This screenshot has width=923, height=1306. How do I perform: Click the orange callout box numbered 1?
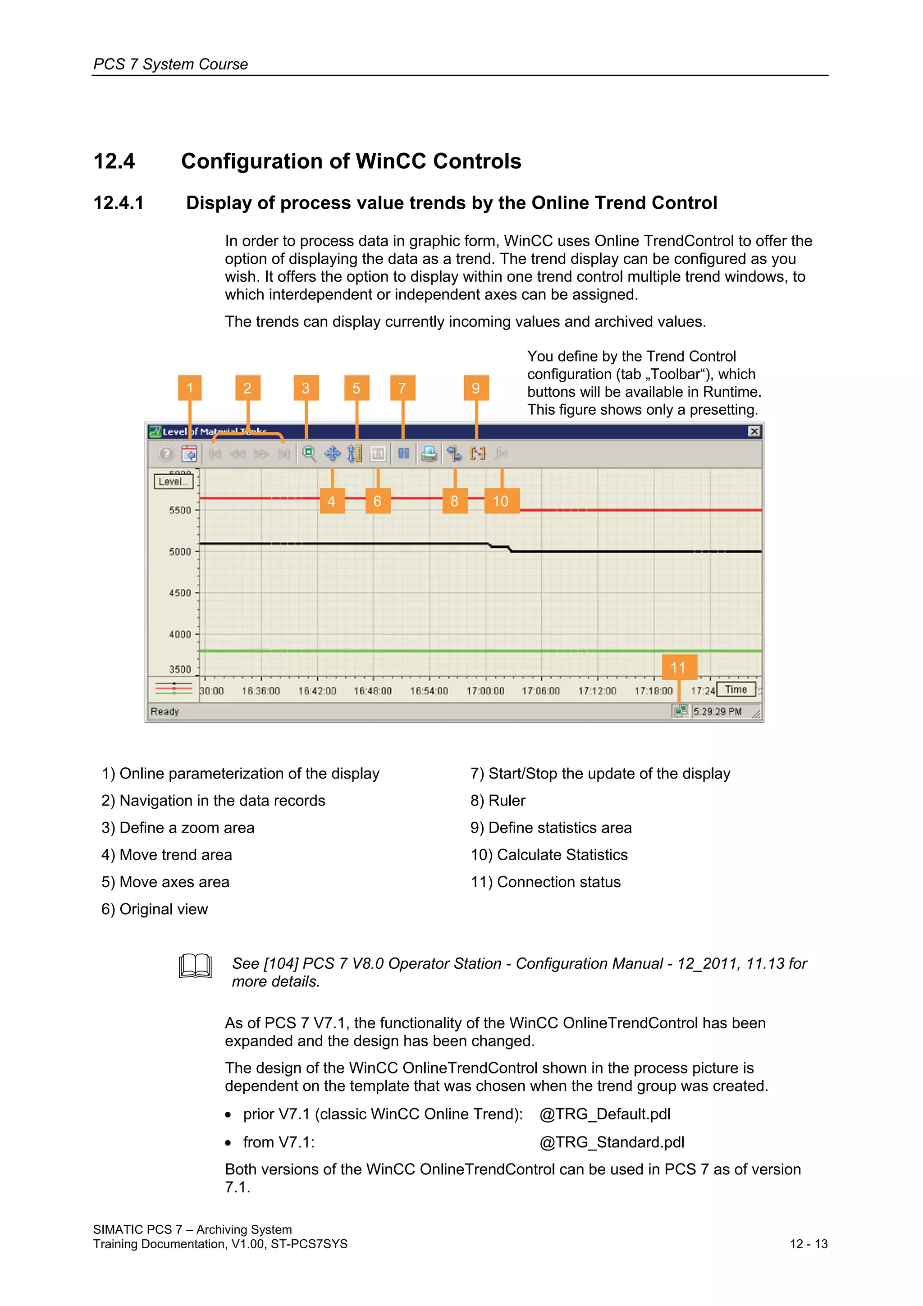(x=189, y=388)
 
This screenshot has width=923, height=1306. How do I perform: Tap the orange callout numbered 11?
(x=678, y=667)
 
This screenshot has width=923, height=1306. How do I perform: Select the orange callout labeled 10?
(x=501, y=501)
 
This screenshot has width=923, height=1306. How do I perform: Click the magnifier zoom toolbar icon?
(x=309, y=454)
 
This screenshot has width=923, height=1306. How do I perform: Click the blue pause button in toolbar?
(x=403, y=454)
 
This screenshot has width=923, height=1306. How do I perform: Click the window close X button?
(x=754, y=431)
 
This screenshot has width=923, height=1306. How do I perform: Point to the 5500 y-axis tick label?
(x=180, y=510)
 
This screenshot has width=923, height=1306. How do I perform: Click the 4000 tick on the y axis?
(x=180, y=634)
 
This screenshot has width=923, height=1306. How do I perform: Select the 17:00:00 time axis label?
(x=485, y=691)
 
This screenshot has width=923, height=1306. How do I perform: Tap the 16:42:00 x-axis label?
(x=317, y=691)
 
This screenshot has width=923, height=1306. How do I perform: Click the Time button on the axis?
(x=736, y=689)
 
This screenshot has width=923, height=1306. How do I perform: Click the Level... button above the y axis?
(x=174, y=482)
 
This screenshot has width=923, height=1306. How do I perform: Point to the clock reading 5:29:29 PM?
(x=717, y=711)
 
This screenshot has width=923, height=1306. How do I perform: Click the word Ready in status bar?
(x=165, y=711)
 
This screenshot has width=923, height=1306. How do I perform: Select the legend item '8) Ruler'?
(x=498, y=801)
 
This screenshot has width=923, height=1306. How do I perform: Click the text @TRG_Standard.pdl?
(x=612, y=1142)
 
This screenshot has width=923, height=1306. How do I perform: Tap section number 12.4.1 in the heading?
(x=118, y=203)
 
